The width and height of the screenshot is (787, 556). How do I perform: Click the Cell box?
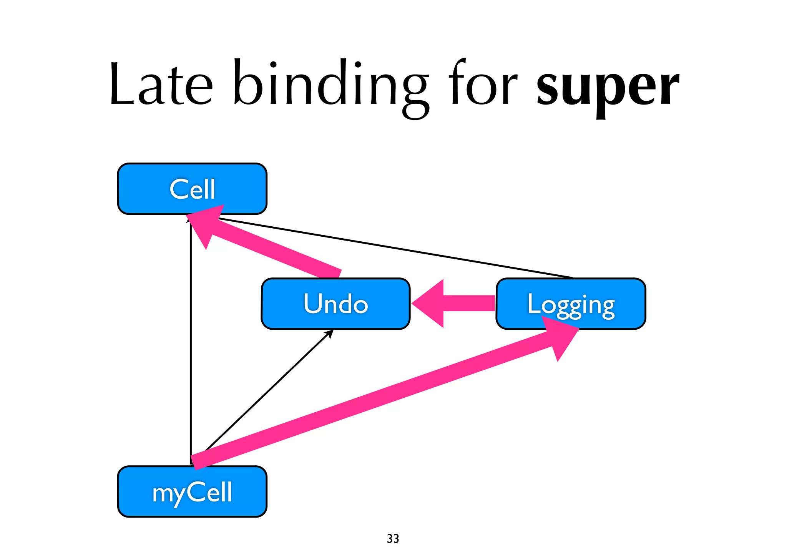(x=192, y=189)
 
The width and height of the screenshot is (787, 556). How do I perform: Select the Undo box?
(x=335, y=304)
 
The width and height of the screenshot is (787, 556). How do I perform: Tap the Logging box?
(x=571, y=304)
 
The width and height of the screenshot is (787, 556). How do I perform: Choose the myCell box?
(x=192, y=492)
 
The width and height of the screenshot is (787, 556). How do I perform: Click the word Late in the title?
(x=161, y=85)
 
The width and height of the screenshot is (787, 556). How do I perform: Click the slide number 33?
(x=393, y=539)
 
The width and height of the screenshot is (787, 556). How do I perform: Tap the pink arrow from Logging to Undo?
(x=469, y=303)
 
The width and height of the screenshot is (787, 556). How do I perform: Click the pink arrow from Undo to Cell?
(x=277, y=250)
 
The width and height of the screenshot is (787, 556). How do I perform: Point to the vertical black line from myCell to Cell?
(x=191, y=346)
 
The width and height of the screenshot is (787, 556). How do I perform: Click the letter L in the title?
(x=121, y=85)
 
